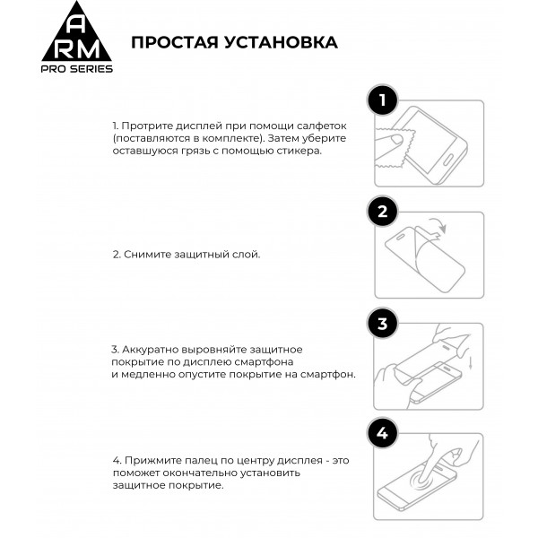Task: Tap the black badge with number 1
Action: click(383, 100)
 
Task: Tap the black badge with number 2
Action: click(383, 213)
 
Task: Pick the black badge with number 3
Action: click(383, 324)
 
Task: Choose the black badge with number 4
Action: click(383, 435)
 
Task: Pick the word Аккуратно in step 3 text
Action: click(149, 349)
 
